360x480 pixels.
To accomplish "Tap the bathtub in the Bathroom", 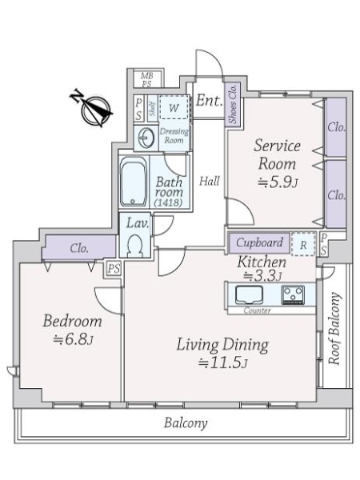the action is coord(134,182).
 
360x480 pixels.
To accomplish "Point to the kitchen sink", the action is coord(249,294).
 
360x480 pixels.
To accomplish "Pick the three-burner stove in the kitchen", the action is coord(293,294).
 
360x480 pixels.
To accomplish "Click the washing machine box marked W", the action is coord(174,107).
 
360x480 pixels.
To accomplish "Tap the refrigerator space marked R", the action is coord(303,244).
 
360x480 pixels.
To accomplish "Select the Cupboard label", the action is coord(259,242).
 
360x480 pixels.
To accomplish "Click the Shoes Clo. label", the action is coord(234,104).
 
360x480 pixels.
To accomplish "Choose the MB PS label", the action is coord(147,79).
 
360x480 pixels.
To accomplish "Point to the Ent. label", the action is coord(209,100).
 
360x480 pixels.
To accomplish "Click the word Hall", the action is coord(210,182).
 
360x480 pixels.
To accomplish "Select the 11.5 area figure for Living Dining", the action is coord(223,362).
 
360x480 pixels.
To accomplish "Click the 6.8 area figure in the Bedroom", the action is coord(73,339).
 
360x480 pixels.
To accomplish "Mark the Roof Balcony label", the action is coord(334,329).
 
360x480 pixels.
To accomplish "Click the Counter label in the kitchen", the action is coord(258,310).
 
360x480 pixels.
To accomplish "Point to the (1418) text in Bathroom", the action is coord(168,202).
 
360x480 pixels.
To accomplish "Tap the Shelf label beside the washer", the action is coord(153,109).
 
